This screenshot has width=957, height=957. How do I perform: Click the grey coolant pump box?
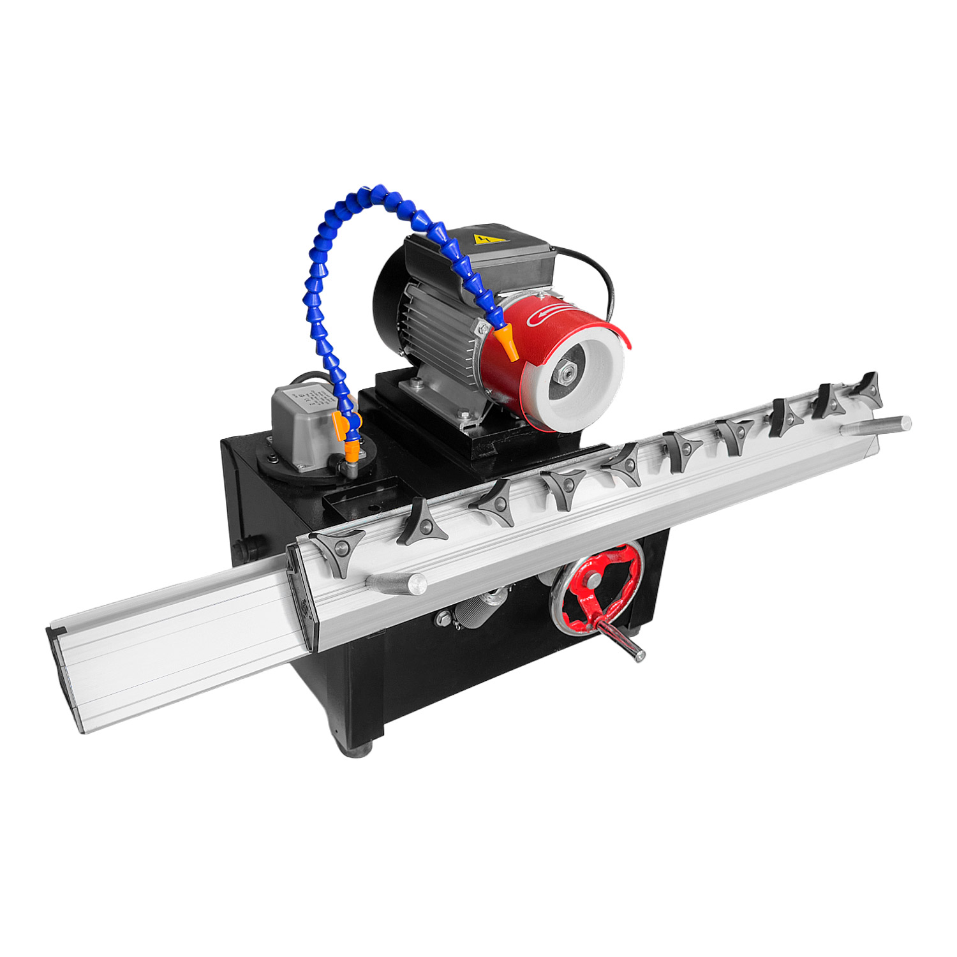pos(300,424)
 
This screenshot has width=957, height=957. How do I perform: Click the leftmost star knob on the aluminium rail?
pos(338,549)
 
